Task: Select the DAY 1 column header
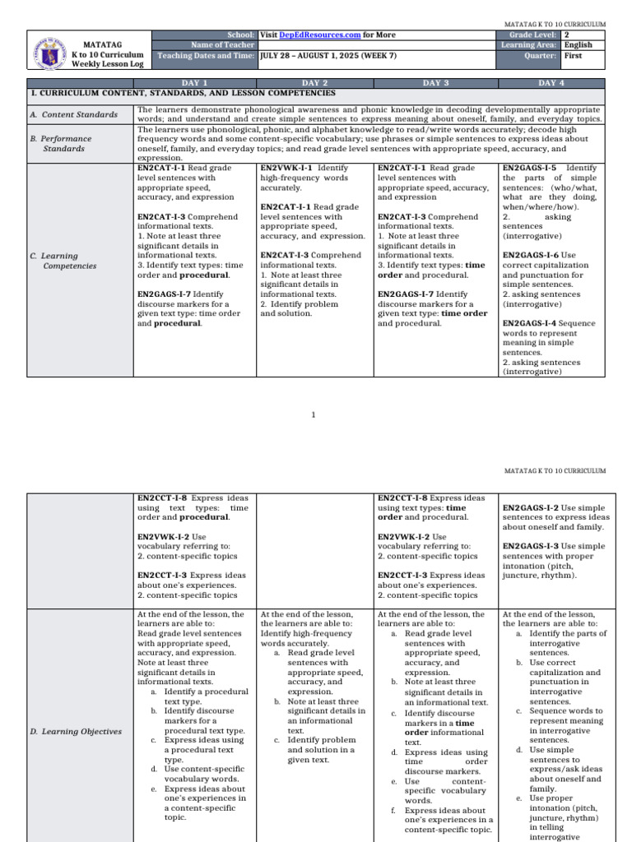[194, 83]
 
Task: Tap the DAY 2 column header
[314, 83]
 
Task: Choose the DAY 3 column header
[435, 83]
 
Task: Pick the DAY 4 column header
[551, 83]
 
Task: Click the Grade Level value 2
[566, 35]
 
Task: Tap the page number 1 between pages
[314, 415]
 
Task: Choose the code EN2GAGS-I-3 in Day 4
[529, 546]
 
